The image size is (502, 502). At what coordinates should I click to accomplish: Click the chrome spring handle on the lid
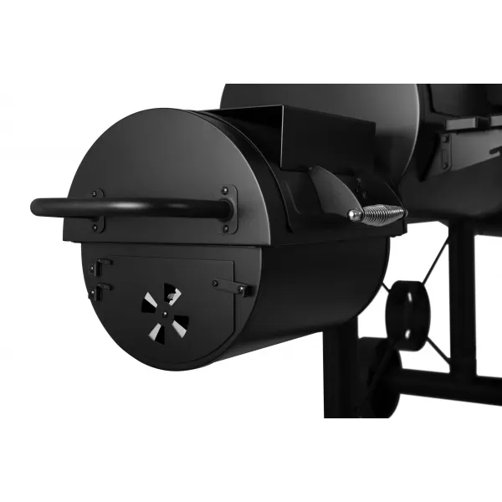coord(381,215)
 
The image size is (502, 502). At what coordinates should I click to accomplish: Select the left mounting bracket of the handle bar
coord(98,210)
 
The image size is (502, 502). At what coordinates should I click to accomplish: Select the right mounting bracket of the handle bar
coord(228,209)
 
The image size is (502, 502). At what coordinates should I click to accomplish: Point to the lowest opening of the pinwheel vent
coord(156,332)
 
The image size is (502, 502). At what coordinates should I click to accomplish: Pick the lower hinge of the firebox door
coord(98,292)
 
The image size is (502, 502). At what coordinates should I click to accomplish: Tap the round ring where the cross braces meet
coord(407,313)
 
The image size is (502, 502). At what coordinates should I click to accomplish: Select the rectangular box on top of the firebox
coord(301,134)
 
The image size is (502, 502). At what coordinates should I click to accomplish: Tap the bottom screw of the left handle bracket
coord(98,228)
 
